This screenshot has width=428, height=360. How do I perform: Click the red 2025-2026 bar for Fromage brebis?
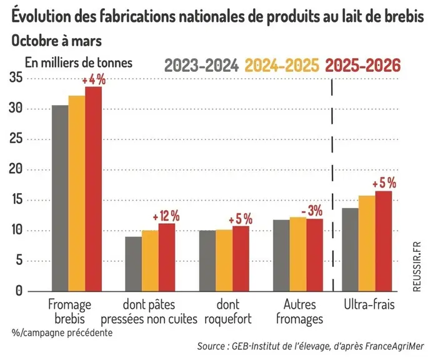click(93, 189)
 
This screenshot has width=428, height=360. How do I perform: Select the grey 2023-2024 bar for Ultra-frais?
click(350, 249)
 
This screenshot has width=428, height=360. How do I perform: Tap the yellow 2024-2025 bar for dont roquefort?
click(224, 261)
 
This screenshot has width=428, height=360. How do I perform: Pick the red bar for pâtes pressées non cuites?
click(167, 257)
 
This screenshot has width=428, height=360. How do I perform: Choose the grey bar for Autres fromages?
click(281, 256)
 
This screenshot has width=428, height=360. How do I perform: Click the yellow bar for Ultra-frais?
click(367, 243)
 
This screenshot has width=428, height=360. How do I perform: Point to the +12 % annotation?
click(166, 216)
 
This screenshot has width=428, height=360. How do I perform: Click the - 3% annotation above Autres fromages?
click(312, 211)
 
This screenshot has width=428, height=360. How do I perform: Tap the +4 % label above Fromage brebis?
click(94, 80)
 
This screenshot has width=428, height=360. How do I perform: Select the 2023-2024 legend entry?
click(202, 65)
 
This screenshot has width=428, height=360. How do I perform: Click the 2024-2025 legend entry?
click(282, 65)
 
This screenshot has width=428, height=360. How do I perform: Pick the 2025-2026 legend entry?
click(363, 65)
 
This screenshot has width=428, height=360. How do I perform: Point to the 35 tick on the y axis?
click(16, 78)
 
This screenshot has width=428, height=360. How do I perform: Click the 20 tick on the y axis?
click(16, 169)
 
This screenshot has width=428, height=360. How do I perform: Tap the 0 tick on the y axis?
click(19, 291)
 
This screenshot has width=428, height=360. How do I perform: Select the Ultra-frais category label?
click(369, 304)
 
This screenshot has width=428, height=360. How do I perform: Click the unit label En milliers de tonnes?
click(79, 63)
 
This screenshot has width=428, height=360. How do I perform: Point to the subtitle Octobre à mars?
click(56, 41)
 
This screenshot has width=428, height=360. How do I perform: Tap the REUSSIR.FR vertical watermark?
click(417, 267)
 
